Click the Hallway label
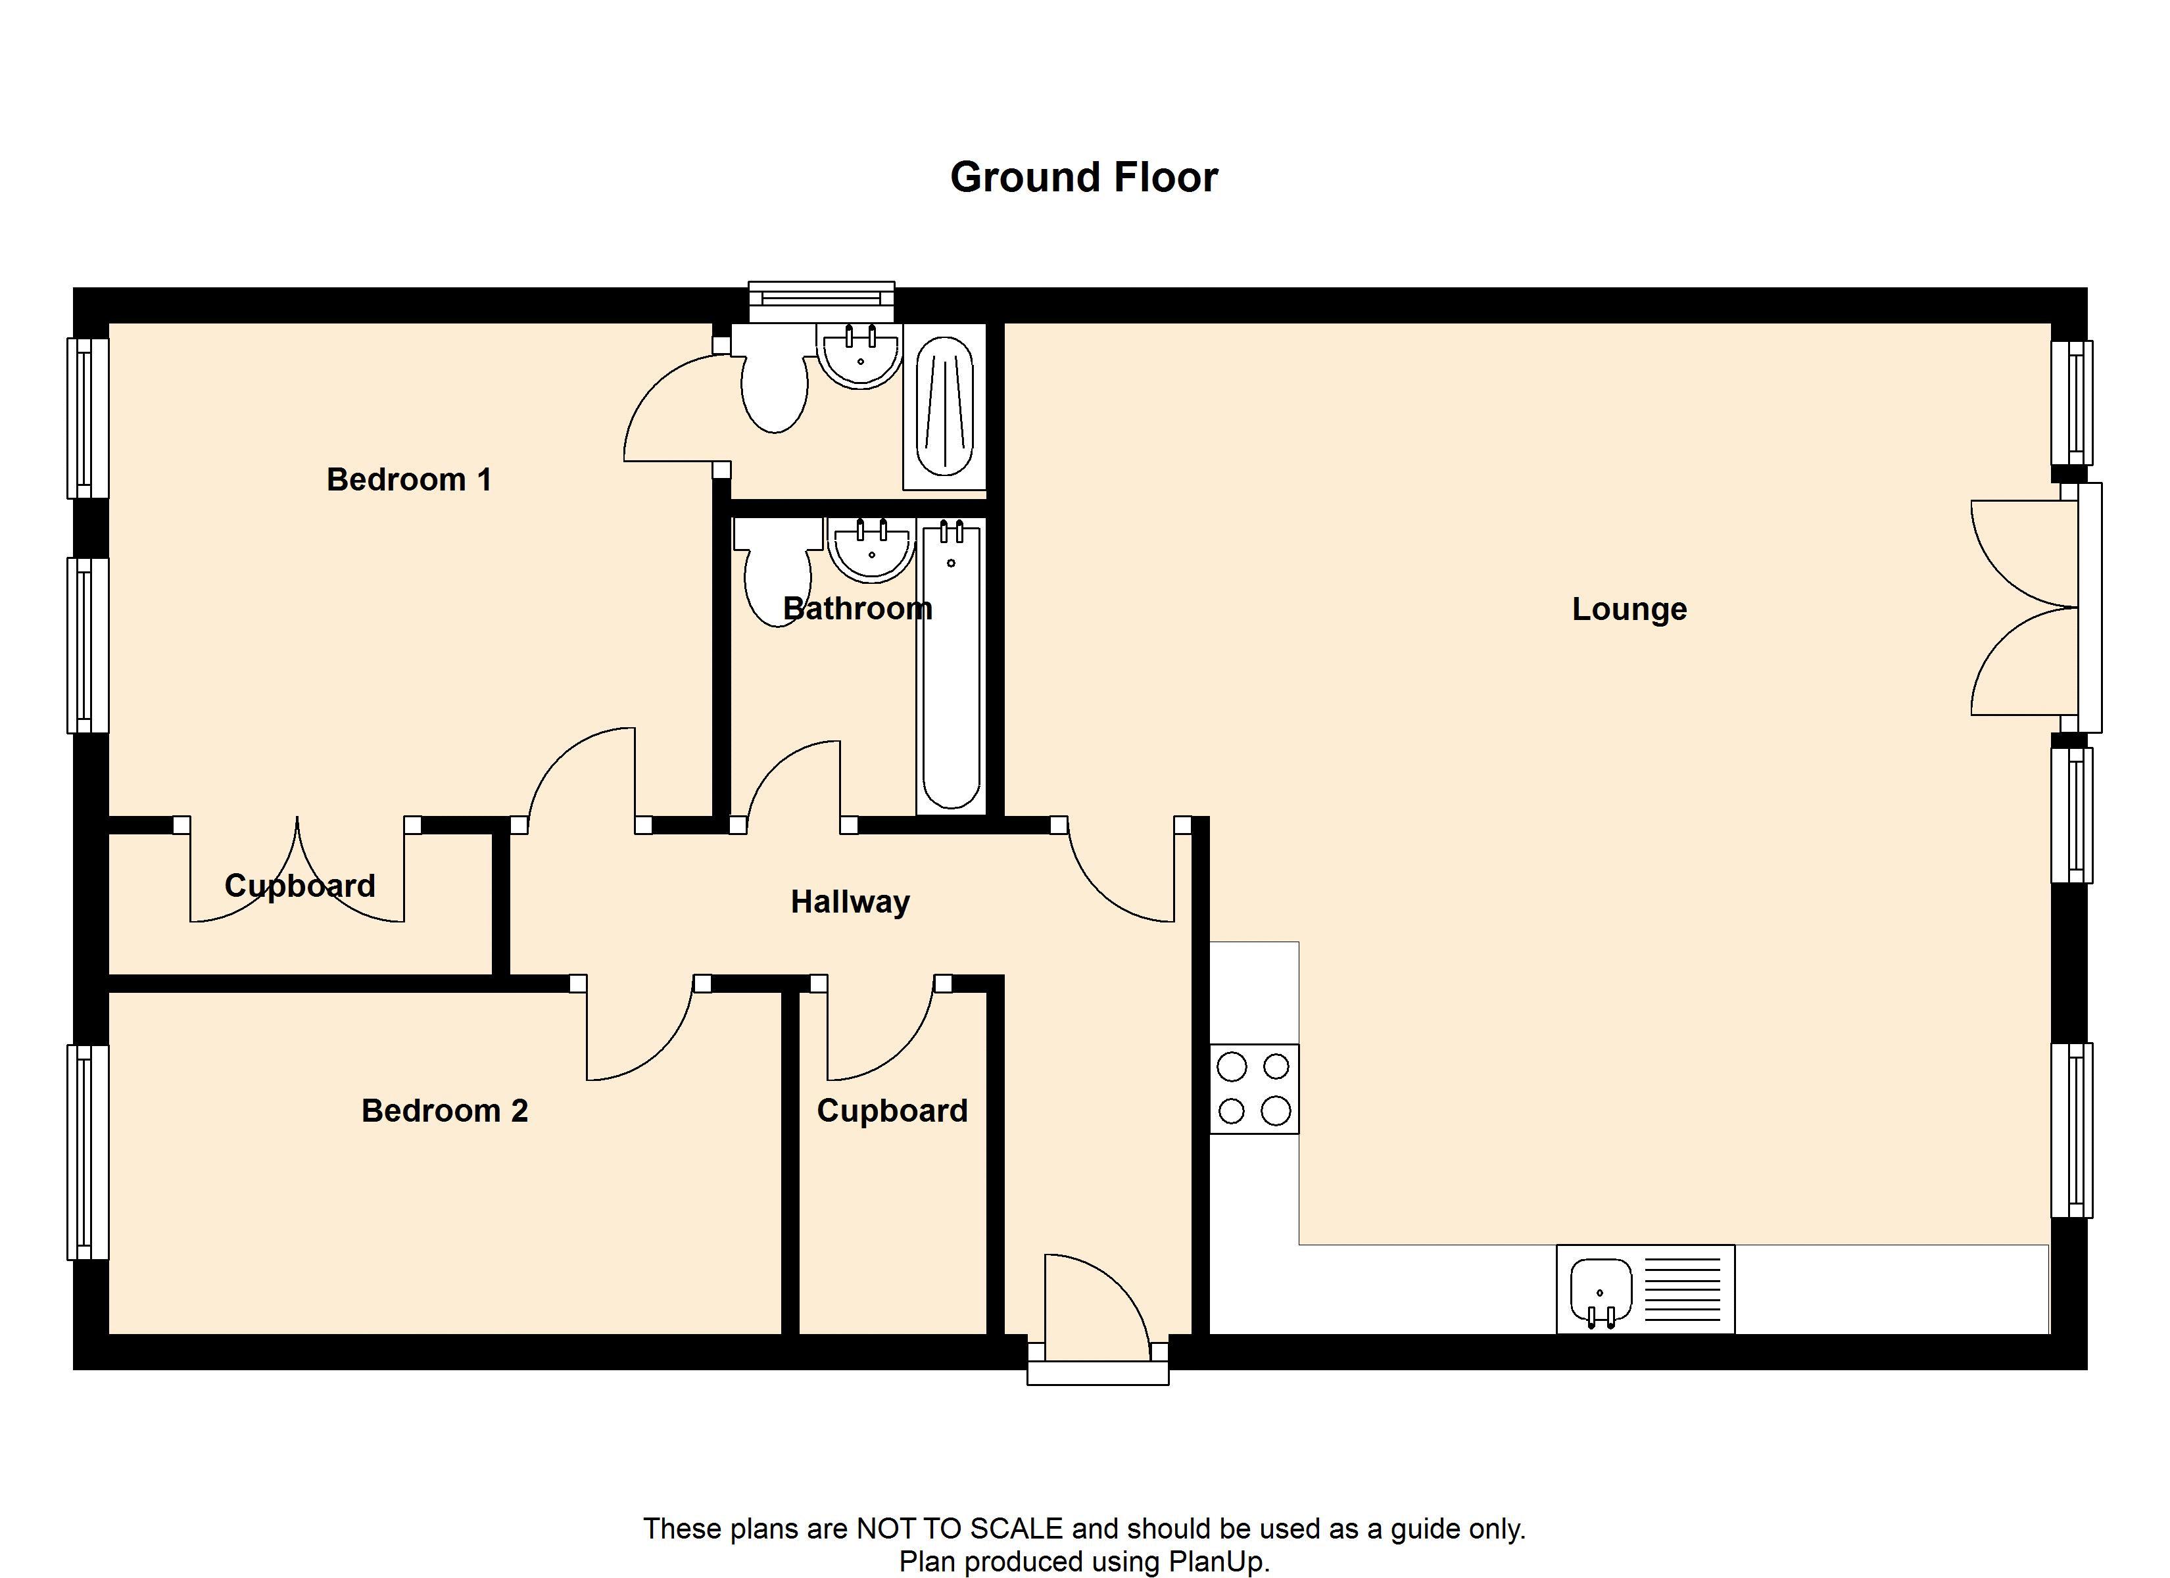pos(850,901)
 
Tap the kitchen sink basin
pos(1601,1291)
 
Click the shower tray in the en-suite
pos(944,407)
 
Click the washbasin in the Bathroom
pos(871,550)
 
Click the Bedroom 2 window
pos(87,1152)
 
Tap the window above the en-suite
pos(821,301)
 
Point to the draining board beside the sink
pos(1681,1287)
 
